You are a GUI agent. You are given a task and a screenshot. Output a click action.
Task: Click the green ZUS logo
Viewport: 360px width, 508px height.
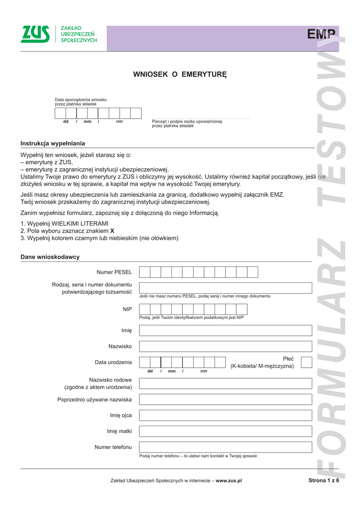[35, 34]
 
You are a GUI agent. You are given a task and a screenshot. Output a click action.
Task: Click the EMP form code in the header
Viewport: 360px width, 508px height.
[322, 34]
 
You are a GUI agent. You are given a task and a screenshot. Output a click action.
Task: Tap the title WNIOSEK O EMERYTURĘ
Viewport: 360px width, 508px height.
[180, 74]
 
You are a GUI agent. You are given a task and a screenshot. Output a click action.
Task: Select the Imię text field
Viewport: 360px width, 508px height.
[225, 330]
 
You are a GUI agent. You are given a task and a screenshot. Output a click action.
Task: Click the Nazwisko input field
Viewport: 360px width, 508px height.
[225, 346]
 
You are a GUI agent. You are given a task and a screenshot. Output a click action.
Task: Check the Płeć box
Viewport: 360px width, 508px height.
[306, 362]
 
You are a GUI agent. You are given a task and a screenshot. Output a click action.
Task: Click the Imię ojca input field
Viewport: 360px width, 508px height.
[225, 415]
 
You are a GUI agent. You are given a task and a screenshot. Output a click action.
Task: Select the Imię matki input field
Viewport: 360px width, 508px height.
[225, 431]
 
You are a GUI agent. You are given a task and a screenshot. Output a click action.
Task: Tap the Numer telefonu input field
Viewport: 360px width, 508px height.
[225, 447]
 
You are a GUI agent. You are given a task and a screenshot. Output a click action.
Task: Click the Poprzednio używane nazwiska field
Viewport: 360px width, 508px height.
[225, 399]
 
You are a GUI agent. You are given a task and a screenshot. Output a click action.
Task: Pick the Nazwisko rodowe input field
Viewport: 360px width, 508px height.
[225, 383]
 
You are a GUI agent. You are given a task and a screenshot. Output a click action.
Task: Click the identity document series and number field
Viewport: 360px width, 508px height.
[225, 288]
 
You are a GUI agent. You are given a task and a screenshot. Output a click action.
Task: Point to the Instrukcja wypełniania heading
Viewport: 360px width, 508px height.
[53, 143]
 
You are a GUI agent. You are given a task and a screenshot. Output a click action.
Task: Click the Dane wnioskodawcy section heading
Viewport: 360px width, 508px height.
[50, 257]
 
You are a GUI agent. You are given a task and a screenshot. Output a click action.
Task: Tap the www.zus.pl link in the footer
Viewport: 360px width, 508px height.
[228, 481]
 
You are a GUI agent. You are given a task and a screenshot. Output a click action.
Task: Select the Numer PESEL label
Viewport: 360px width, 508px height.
[114, 272]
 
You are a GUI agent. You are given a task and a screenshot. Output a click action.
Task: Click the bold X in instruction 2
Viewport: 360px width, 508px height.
[112, 231]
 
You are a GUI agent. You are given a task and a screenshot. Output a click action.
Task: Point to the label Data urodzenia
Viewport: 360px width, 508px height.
[113, 362]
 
